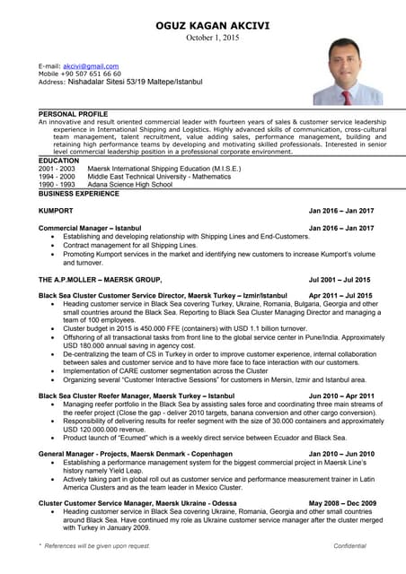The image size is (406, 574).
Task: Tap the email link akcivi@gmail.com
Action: (x=91, y=66)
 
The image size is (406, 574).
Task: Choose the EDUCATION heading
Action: (x=58, y=161)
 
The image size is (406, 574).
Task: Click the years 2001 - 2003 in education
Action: (x=57, y=169)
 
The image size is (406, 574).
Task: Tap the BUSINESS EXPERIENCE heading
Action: (x=79, y=193)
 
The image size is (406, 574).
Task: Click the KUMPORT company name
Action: (x=56, y=211)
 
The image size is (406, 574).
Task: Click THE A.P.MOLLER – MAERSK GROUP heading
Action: (x=100, y=279)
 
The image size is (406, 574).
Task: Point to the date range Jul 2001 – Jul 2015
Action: (x=340, y=279)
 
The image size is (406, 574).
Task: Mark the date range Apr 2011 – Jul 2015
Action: (x=340, y=295)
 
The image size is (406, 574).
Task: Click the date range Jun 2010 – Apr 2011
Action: (x=341, y=395)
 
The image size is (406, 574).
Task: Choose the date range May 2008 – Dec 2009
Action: (x=342, y=503)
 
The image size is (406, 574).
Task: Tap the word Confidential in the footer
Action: (x=349, y=545)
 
